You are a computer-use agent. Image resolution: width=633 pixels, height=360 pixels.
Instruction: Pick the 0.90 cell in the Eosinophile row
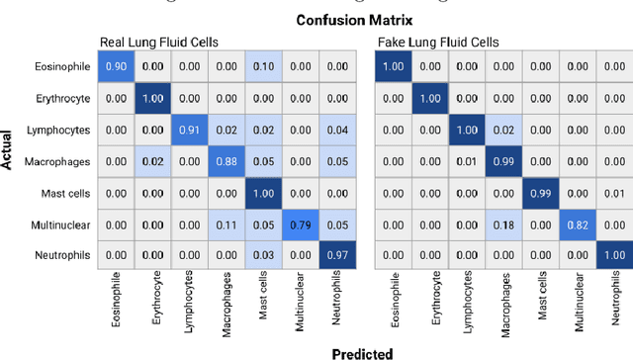coord(116,66)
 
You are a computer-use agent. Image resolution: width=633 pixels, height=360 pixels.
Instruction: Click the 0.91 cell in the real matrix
coord(188,130)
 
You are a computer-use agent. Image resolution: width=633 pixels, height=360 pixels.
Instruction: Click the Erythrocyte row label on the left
coord(63,98)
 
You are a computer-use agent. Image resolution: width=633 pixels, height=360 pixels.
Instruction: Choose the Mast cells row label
coord(65,193)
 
